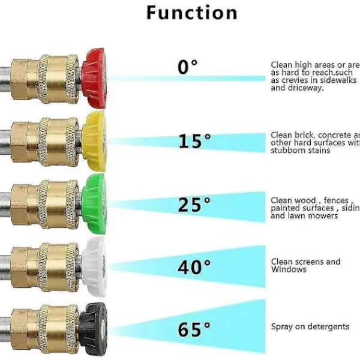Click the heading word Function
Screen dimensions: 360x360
(x=191, y=13)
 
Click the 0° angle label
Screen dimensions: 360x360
(x=187, y=67)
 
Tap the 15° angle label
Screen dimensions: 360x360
(x=194, y=142)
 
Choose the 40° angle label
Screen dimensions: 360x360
(x=194, y=267)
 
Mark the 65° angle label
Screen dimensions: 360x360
(x=194, y=329)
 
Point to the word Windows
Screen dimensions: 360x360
(x=289, y=269)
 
